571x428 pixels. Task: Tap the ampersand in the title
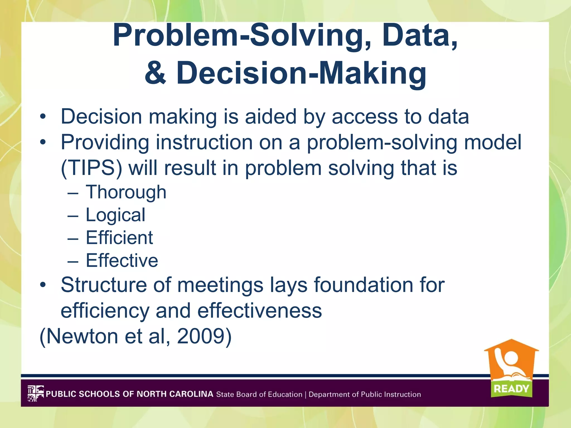tap(156, 73)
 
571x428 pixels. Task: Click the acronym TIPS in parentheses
tap(91, 168)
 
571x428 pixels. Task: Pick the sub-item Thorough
tap(126, 193)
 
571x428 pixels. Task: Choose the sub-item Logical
tap(115, 215)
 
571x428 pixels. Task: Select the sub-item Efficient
tap(119, 238)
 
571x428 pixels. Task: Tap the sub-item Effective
tap(122, 261)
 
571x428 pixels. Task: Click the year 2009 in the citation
tap(200, 336)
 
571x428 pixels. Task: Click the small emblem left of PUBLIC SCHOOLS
tap(35, 393)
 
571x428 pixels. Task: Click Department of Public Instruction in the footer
tap(365, 394)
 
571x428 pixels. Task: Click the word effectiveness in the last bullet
tap(260, 311)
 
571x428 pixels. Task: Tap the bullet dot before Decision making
tap(43, 117)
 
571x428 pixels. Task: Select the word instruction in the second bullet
tap(204, 142)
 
